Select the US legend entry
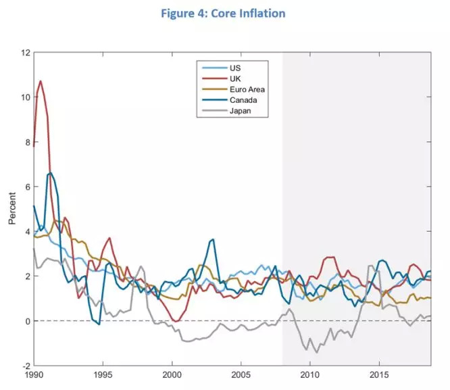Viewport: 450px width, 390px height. [234, 68]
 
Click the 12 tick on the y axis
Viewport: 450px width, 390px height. [26, 52]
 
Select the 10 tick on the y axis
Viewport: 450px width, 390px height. [26, 97]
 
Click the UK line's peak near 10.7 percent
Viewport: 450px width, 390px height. [41, 81]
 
